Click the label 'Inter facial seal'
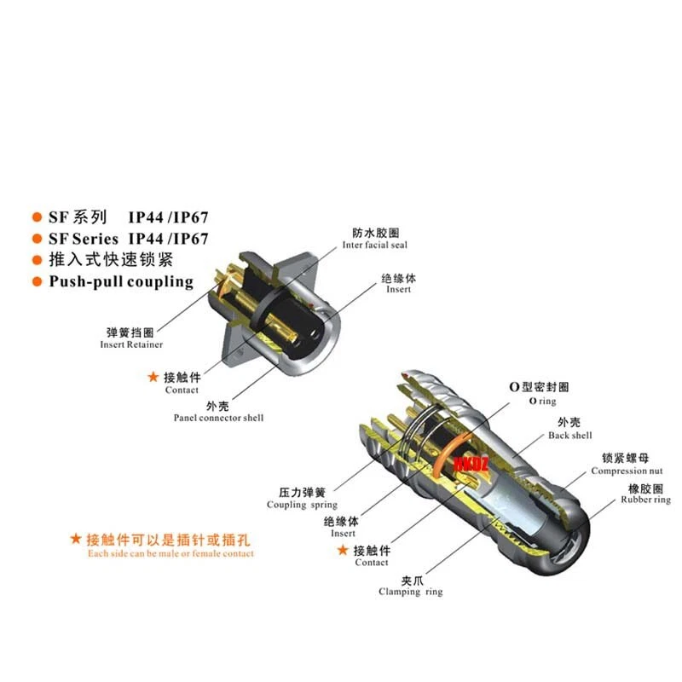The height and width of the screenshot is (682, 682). click(x=375, y=246)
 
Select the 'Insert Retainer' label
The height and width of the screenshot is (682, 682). click(x=131, y=344)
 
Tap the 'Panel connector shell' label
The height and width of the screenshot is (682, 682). click(x=218, y=418)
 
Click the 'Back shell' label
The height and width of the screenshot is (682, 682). click(x=569, y=436)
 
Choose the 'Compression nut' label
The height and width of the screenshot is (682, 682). click(x=627, y=471)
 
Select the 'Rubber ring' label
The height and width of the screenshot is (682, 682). click(x=645, y=500)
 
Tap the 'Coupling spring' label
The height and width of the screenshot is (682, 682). click(x=302, y=505)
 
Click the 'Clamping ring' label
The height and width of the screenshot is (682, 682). click(x=411, y=592)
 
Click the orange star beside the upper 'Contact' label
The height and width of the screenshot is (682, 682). click(x=153, y=376)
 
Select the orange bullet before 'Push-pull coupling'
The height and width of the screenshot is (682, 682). click(x=37, y=281)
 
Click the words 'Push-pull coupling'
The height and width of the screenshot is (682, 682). click(x=121, y=281)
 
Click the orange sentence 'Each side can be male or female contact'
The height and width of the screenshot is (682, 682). click(x=170, y=553)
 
